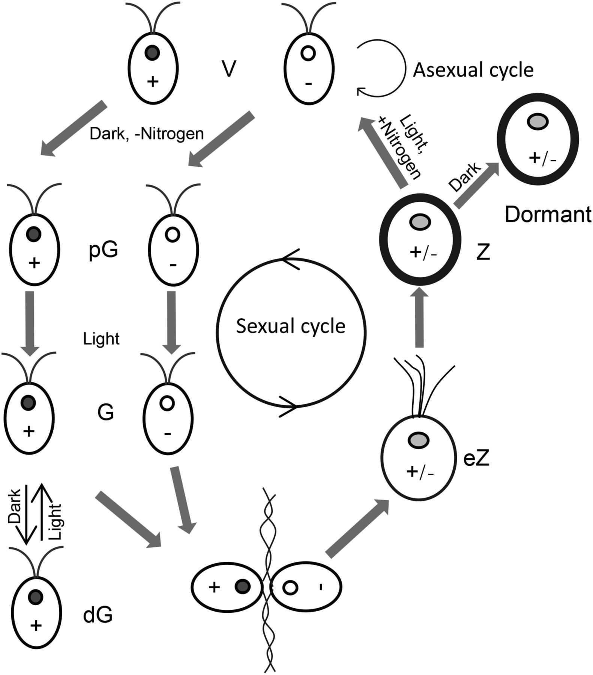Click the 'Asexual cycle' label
point(473,70)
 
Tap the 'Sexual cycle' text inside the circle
point(291,326)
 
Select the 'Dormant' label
point(547,214)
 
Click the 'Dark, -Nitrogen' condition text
point(147,134)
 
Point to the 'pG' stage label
point(104,250)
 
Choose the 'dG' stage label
point(98,615)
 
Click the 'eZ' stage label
point(476,459)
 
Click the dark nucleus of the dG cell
point(36,596)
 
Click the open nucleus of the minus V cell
point(308,53)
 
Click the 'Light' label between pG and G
point(101,339)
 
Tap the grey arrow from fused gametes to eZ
point(357,528)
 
